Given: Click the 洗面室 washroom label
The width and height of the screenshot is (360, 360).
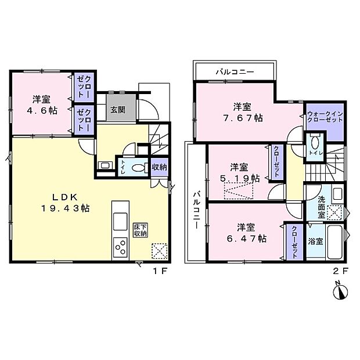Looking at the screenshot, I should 321,207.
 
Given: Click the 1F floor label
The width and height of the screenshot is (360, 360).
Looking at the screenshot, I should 161,271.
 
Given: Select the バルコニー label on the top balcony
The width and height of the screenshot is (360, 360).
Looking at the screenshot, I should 235,73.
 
